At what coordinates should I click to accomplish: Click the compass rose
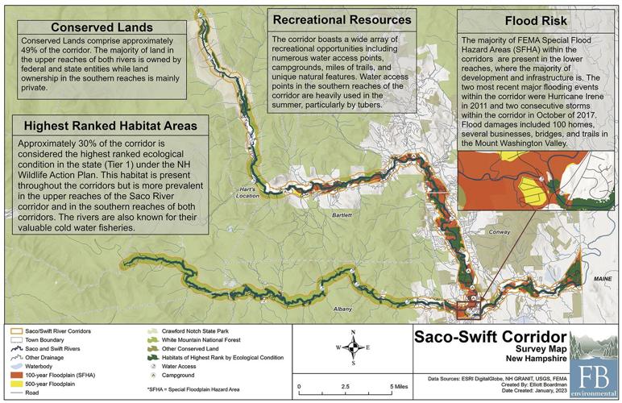354,347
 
